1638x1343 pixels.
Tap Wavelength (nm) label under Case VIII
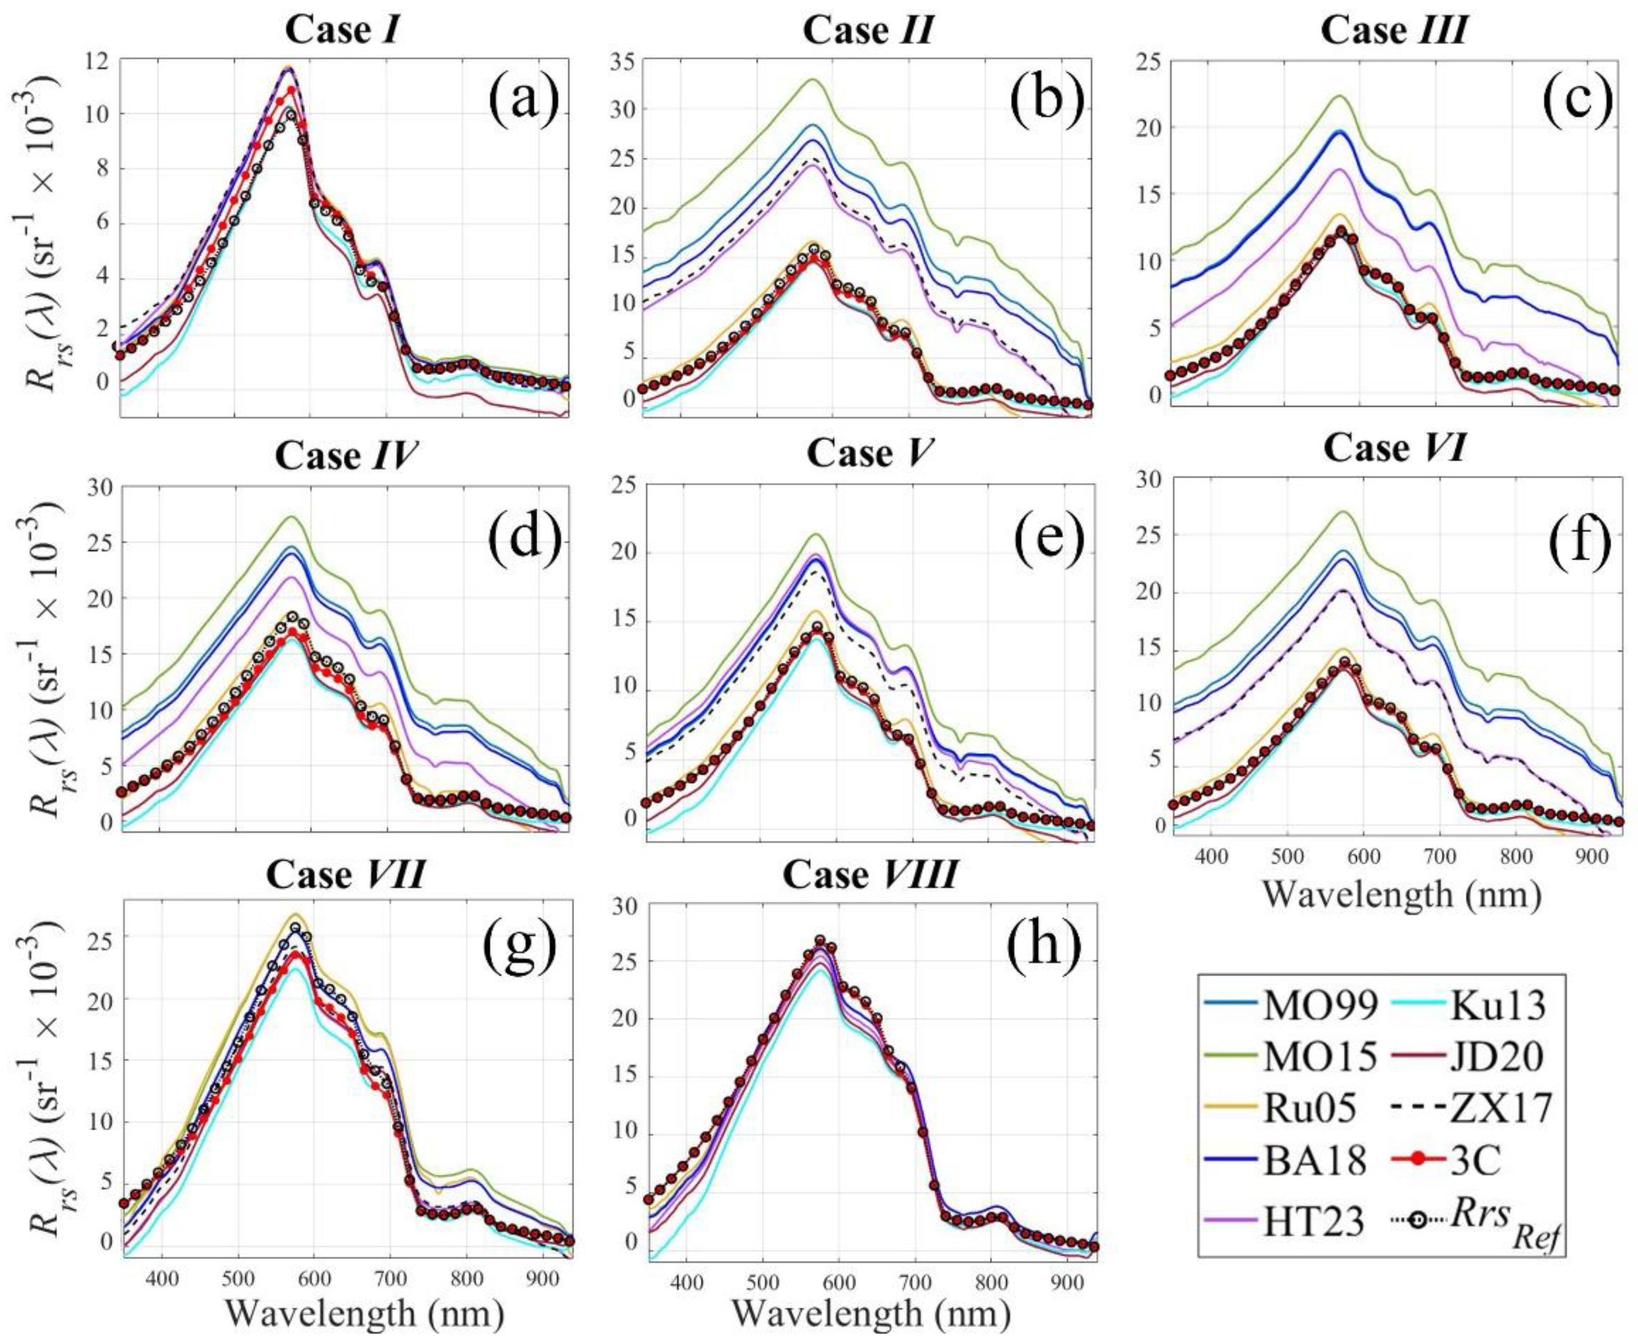coord(871,1313)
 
